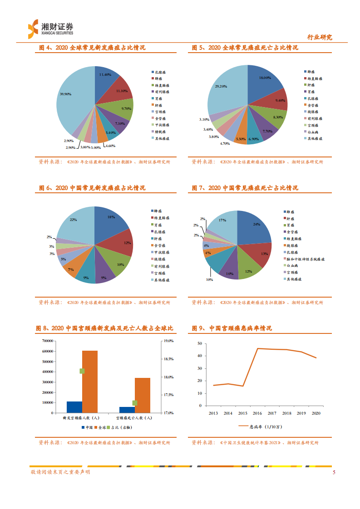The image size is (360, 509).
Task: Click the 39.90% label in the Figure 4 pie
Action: (66, 94)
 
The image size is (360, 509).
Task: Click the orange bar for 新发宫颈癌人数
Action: (90, 382)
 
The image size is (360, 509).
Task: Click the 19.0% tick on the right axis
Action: (168, 341)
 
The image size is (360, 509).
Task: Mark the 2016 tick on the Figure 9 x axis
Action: (257, 413)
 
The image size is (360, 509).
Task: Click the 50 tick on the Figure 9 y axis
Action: (199, 344)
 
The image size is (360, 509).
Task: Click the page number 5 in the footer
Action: (334, 472)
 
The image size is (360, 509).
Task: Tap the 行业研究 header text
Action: (320, 37)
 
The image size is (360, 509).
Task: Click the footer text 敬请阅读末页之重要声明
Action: (60, 472)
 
